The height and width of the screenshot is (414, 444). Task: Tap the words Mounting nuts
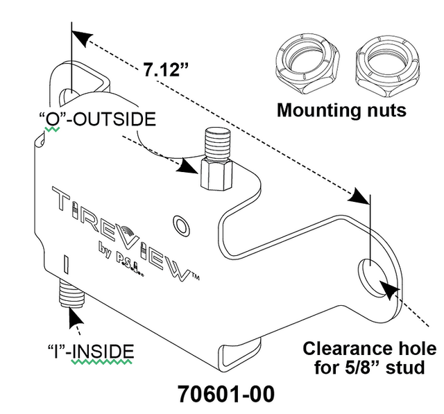(x=341, y=110)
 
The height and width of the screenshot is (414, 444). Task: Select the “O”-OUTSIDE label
(x=97, y=119)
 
